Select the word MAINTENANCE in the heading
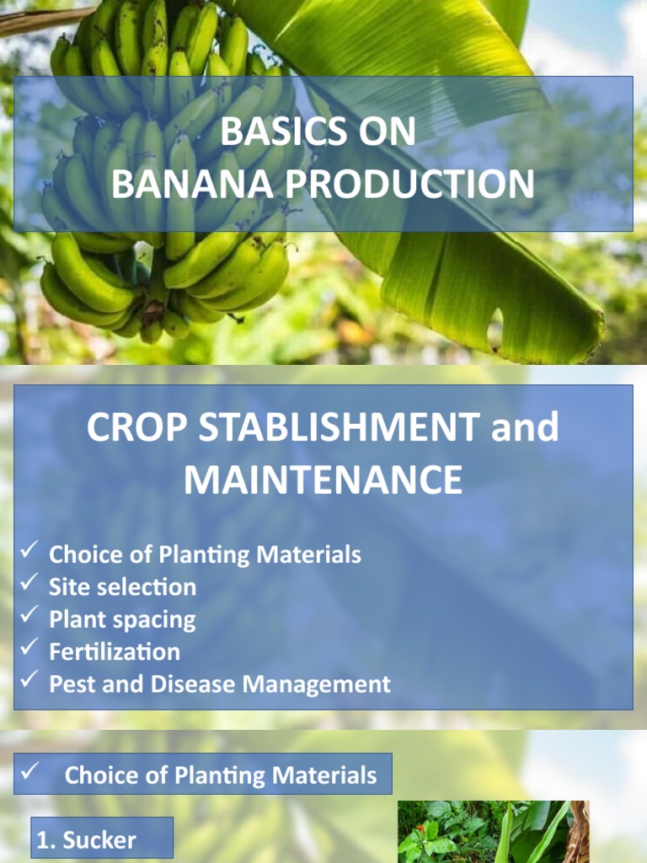tap(323, 480)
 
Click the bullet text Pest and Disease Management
tap(220, 684)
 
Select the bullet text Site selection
tap(122, 587)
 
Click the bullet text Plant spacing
tap(122, 619)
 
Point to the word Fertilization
tap(115, 651)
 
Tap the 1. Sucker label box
tap(102, 839)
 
